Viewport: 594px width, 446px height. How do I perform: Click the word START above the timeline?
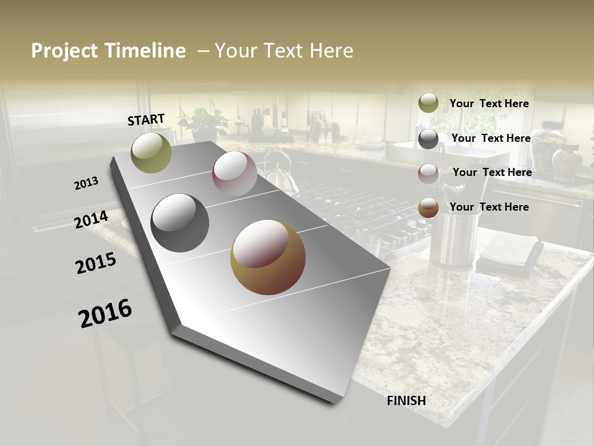click(x=146, y=120)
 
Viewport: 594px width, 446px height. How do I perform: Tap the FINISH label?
click(x=407, y=401)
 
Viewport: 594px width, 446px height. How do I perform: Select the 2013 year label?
click(x=86, y=183)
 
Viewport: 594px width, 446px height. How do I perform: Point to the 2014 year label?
click(x=91, y=220)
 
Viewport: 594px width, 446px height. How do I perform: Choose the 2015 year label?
click(x=96, y=263)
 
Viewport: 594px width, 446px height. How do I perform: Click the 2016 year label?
click(x=105, y=313)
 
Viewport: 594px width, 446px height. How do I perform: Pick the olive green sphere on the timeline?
click(x=151, y=152)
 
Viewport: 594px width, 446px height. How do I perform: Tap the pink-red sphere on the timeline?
click(x=235, y=173)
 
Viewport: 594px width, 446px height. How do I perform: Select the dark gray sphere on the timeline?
click(x=180, y=223)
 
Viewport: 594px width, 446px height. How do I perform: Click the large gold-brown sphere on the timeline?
click(x=268, y=257)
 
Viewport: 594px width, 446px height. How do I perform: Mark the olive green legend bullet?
click(x=428, y=103)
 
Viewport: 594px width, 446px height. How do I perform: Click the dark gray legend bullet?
click(x=428, y=139)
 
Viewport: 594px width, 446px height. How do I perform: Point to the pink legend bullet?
click(x=428, y=173)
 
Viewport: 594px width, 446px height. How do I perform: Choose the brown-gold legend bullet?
click(x=428, y=208)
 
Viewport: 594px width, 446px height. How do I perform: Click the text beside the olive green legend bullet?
click(x=489, y=103)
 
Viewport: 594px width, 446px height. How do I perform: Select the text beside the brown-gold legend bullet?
click(x=489, y=207)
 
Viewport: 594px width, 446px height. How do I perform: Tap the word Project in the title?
click(x=64, y=51)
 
